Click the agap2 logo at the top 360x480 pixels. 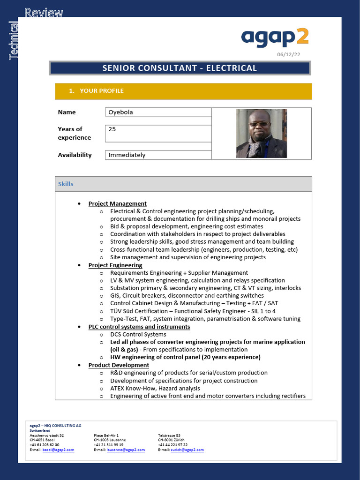(x=275, y=37)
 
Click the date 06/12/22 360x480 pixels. (x=289, y=55)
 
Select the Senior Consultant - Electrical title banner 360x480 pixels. (x=180, y=68)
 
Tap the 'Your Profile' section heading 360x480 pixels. (x=102, y=91)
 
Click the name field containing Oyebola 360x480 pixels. (x=158, y=112)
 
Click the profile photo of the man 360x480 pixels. (x=261, y=133)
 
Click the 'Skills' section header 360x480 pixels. (x=66, y=184)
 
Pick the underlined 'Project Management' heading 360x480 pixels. (x=117, y=203)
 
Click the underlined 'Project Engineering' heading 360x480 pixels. (x=115, y=265)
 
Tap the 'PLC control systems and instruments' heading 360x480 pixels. (x=139, y=327)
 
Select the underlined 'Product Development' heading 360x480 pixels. (x=119, y=365)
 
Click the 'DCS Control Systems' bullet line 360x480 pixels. (x=138, y=334)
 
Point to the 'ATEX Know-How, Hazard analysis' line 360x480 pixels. (x=155, y=388)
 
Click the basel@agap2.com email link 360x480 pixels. (x=58, y=450)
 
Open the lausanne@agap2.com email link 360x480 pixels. (x=125, y=450)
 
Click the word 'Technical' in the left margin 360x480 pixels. (x=14, y=41)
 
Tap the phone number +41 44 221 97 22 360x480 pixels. (x=172, y=445)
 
